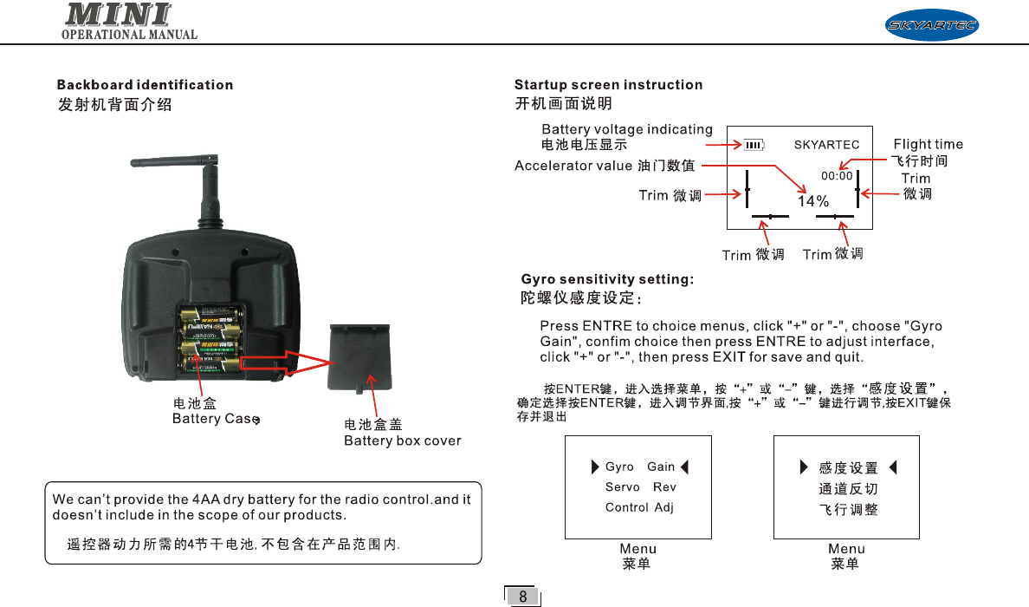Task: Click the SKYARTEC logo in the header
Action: click(931, 25)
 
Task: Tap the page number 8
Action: click(522, 597)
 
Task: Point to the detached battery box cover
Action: click(359, 355)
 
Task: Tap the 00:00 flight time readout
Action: click(837, 175)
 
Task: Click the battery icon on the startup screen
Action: click(754, 145)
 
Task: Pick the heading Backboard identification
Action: click(145, 85)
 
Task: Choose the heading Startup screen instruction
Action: click(608, 85)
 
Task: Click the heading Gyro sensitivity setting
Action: click(607, 279)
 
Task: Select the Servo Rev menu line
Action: click(640, 487)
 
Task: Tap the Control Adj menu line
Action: click(639, 507)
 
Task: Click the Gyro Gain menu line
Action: click(639, 467)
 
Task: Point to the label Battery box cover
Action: click(403, 441)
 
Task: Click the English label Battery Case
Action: click(215, 419)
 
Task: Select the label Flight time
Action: click(928, 144)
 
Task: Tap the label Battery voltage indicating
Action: click(626, 129)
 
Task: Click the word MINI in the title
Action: click(118, 15)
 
